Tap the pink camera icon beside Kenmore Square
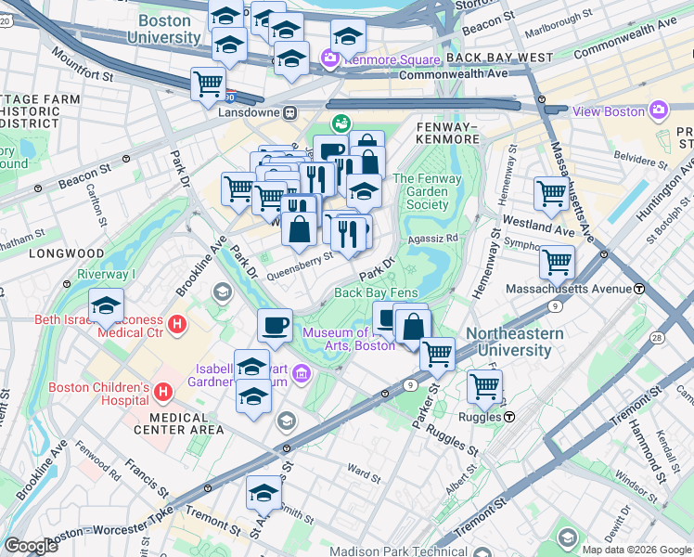(329, 60)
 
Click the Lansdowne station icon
(290, 112)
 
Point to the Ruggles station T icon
(509, 417)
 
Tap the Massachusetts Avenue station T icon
(639, 289)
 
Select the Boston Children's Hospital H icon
(164, 394)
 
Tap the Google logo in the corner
(31, 546)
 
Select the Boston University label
(168, 29)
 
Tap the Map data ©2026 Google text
(636, 550)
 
